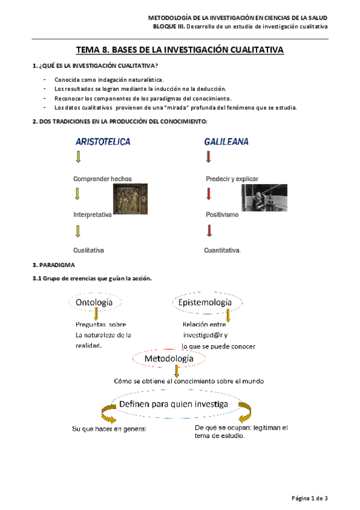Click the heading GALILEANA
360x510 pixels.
(x=226, y=143)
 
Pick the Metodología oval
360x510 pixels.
(x=169, y=358)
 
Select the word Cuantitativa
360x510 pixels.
(x=222, y=250)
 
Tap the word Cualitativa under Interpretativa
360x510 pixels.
(x=89, y=250)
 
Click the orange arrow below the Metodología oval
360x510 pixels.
(x=176, y=371)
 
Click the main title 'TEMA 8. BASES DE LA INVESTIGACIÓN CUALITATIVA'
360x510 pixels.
(x=180, y=51)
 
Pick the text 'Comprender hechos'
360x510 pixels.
(x=102, y=179)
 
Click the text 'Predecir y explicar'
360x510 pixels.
(x=232, y=179)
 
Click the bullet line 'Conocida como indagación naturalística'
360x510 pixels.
(x=108, y=79)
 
